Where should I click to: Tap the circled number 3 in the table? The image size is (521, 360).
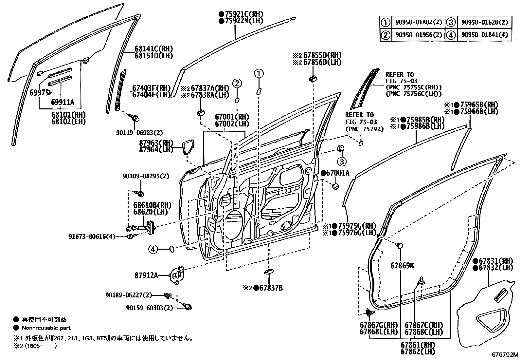[451, 23]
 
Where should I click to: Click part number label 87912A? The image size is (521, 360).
[146, 275]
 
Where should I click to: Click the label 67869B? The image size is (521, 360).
[402, 266]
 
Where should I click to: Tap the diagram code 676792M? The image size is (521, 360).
[505, 355]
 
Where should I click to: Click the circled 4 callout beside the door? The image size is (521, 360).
[153, 250]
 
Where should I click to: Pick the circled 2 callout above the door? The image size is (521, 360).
[237, 83]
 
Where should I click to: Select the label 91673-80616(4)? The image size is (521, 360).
[92, 237]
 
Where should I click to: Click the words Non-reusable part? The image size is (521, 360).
[46, 328]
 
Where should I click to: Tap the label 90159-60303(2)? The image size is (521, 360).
[149, 308]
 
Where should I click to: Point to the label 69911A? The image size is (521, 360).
[63, 102]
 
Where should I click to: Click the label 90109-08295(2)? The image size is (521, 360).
[146, 176]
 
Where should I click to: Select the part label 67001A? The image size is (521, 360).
[337, 173]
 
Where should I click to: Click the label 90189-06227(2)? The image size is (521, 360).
[129, 295]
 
